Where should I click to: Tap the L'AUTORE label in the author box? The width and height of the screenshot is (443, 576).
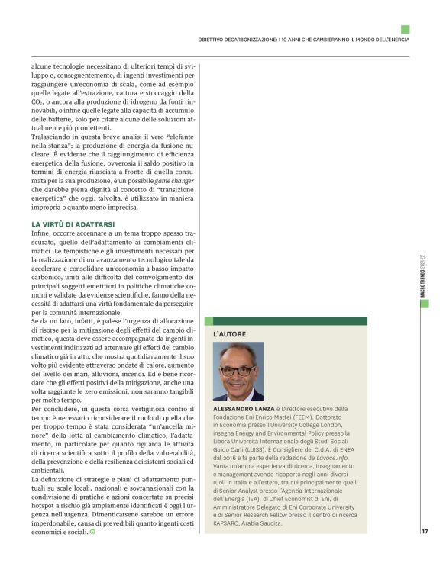click(x=228, y=333)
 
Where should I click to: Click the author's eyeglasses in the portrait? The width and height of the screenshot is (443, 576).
click(x=238, y=372)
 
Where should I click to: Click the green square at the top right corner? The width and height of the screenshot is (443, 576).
click(x=406, y=29)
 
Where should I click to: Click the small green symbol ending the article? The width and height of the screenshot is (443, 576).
click(x=93, y=531)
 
